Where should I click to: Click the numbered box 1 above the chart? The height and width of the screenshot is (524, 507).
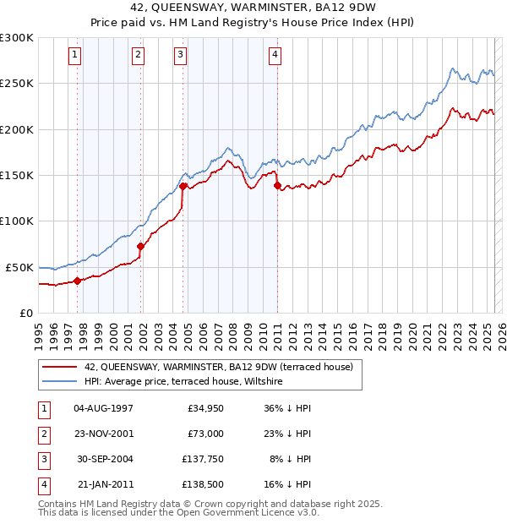(75, 56)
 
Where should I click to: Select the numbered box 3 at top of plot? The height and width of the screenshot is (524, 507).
(181, 56)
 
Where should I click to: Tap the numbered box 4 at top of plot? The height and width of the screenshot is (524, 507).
(275, 56)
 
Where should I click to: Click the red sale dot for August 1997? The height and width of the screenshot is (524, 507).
(77, 281)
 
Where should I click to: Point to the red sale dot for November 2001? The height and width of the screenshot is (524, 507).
(141, 246)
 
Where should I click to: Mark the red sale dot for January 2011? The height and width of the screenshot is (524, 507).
(277, 186)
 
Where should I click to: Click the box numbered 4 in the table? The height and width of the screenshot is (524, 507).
(43, 484)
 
